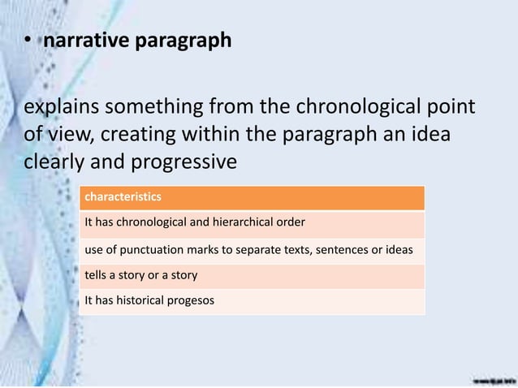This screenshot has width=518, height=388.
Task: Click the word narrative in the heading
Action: click(x=84, y=41)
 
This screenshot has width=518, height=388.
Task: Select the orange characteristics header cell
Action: click(x=251, y=197)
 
